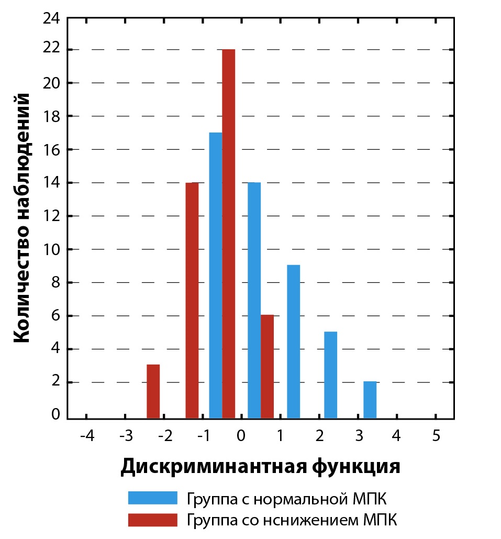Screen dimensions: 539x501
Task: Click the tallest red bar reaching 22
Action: tap(228, 234)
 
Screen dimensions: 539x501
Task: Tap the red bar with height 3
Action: tap(153, 391)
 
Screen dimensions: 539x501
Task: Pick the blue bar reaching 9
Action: tap(293, 342)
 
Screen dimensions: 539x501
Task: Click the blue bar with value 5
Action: tap(330, 375)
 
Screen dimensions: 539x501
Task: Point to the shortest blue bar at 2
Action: tap(370, 400)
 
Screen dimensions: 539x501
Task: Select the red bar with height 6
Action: tap(267, 367)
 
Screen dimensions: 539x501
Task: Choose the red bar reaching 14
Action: tap(192, 300)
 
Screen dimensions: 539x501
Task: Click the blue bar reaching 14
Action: tap(254, 300)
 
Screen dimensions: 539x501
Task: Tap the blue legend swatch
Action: tap(152, 498)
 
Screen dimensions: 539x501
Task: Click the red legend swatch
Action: tap(152, 520)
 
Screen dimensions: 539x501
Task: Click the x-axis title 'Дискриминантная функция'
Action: tap(260, 466)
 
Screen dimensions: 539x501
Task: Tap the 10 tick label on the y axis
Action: tap(53, 249)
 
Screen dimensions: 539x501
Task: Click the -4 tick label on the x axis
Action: tap(86, 436)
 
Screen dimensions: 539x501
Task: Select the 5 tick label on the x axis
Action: tap(436, 436)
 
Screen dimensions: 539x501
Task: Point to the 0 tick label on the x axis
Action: tap(241, 436)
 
